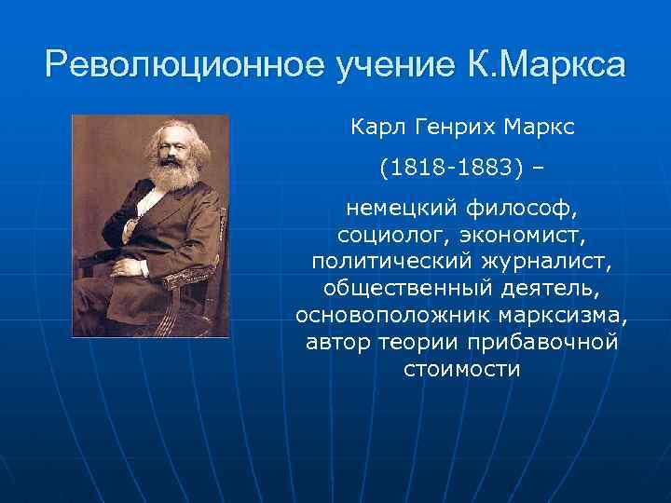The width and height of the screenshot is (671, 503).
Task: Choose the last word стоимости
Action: [461, 368]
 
